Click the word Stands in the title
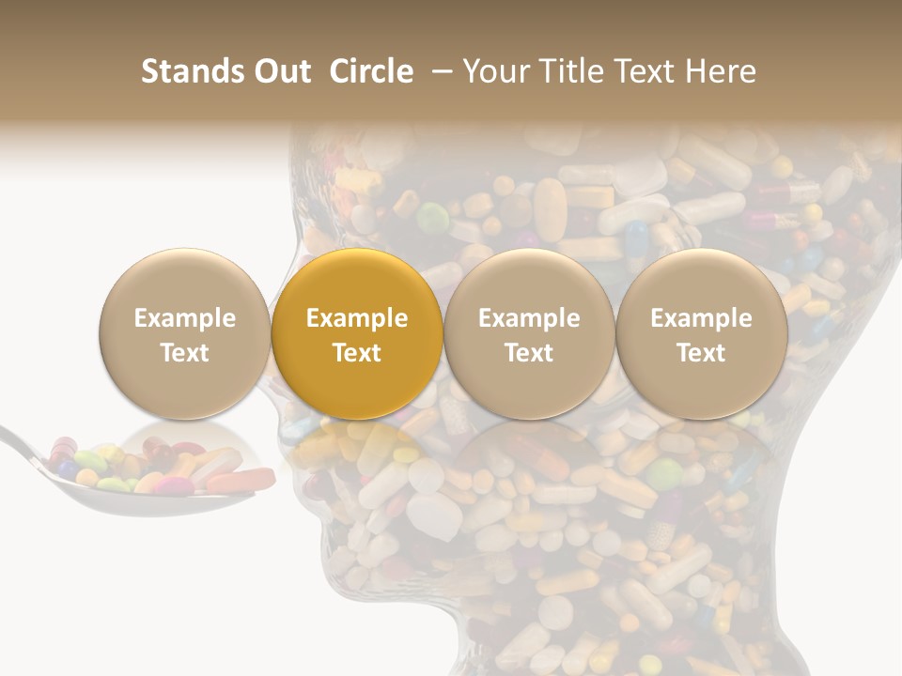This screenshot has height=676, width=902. pyautogui.click(x=194, y=71)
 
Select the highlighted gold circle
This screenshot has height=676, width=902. pyautogui.click(x=357, y=333)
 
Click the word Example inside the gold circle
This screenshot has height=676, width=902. pyautogui.click(x=357, y=318)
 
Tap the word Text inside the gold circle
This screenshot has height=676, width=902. pyautogui.click(x=357, y=353)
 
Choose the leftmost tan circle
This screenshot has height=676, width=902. pyautogui.click(x=184, y=333)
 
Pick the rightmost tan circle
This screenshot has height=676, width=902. pyautogui.click(x=701, y=333)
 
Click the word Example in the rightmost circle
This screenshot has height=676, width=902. pyautogui.click(x=701, y=318)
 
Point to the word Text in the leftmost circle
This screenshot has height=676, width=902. pyautogui.click(x=184, y=353)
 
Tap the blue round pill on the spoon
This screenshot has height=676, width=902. pyautogui.click(x=68, y=469)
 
